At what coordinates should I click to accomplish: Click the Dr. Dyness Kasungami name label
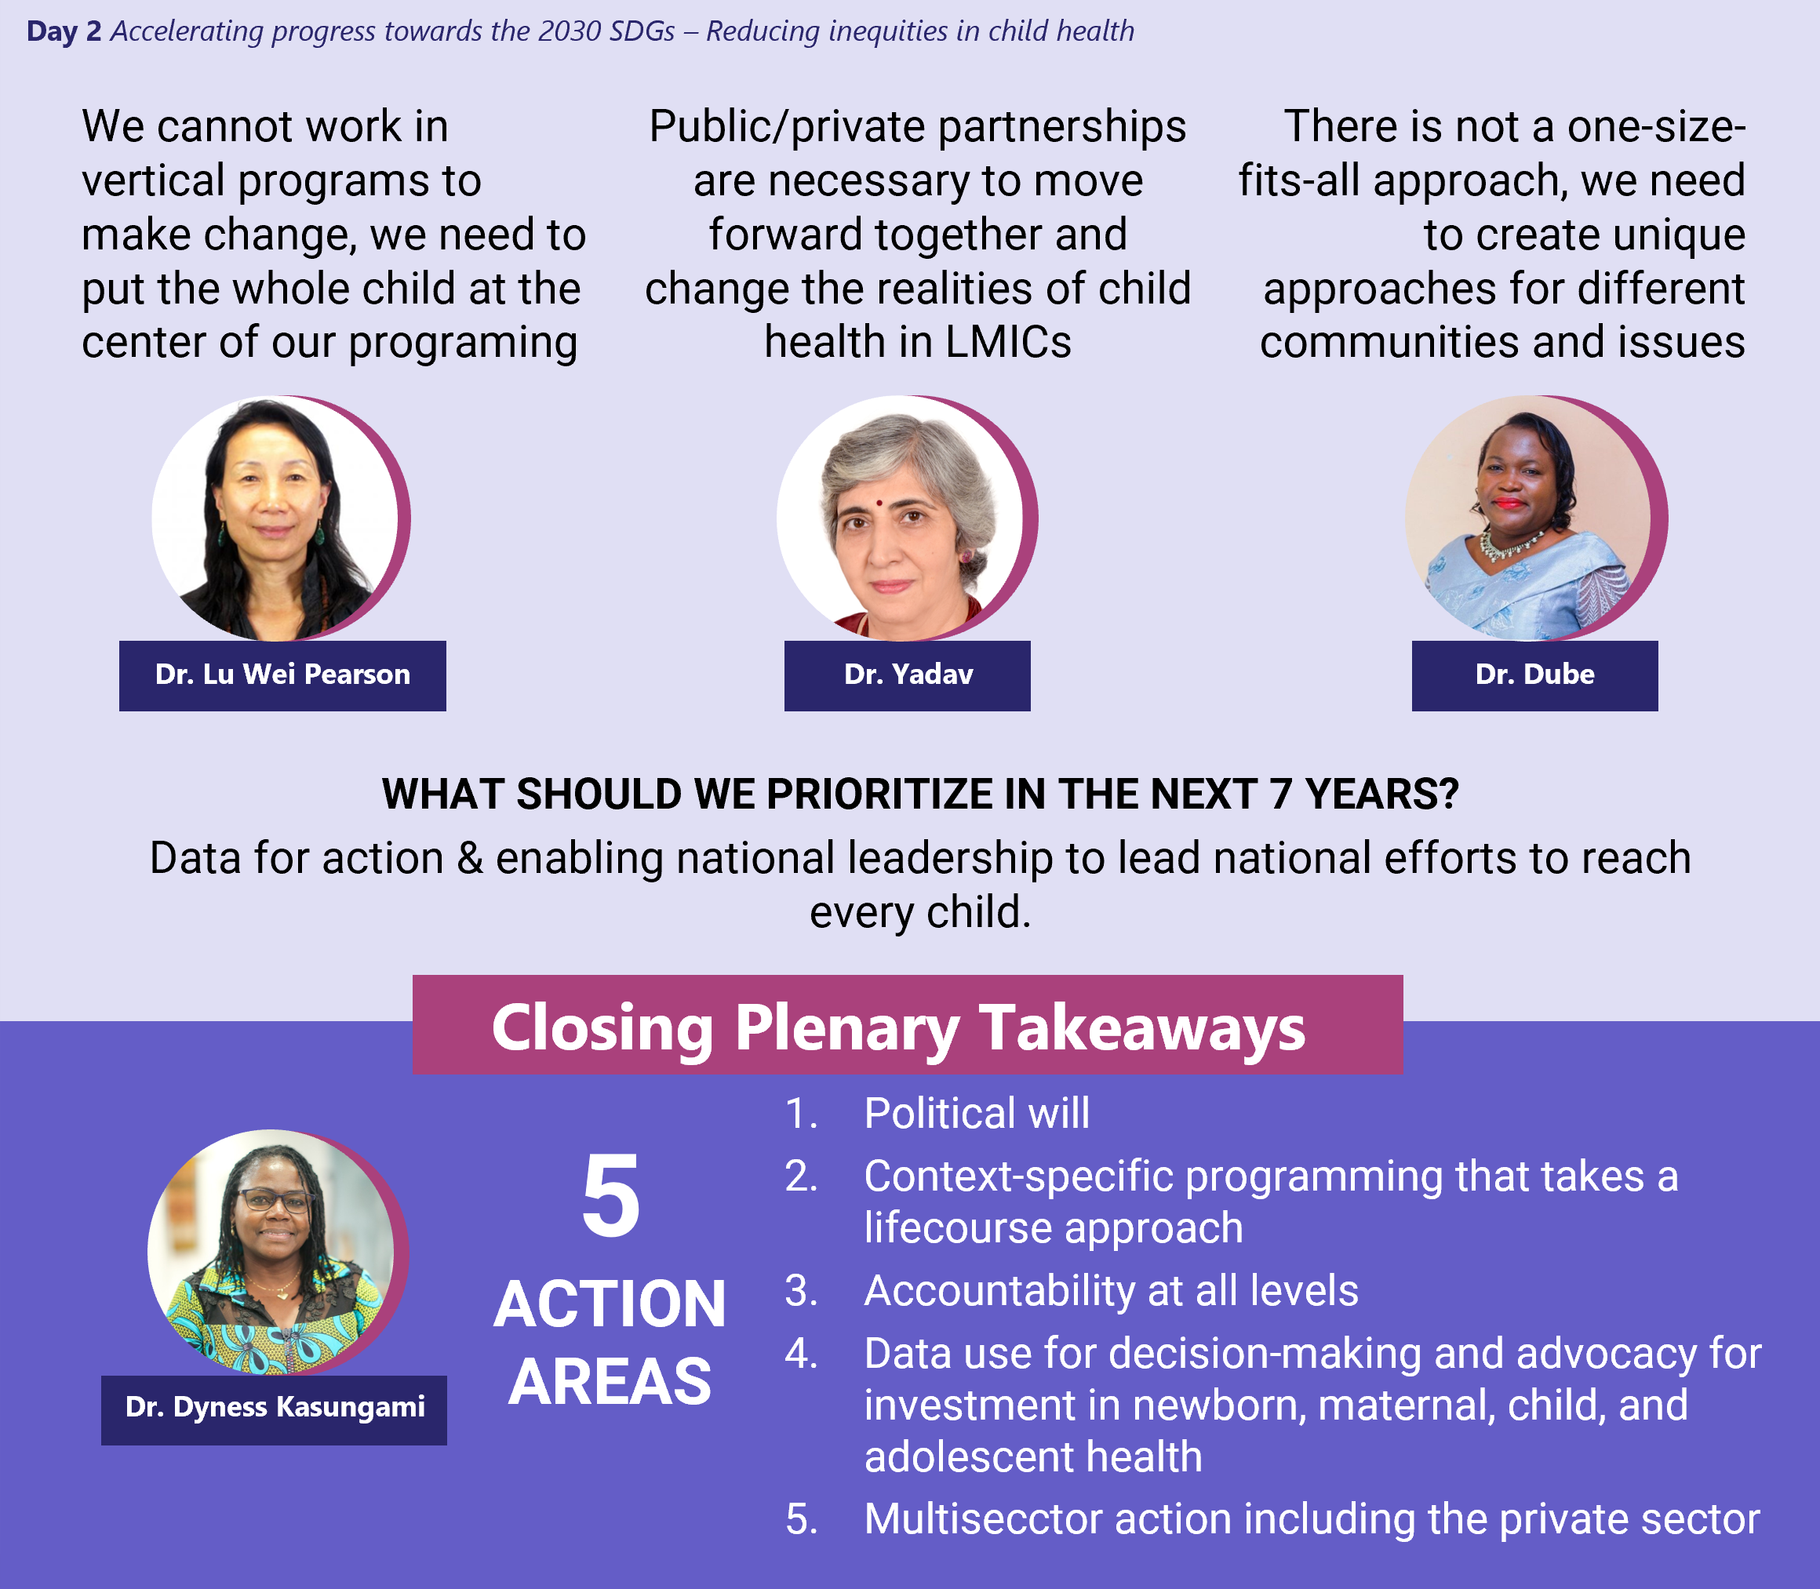274,1410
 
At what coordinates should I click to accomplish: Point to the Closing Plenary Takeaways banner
908,1025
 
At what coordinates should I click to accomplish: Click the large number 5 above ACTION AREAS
610,1198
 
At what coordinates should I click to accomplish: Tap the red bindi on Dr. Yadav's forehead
878,503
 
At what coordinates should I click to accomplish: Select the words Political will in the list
977,1114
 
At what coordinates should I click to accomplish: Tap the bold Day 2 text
64,32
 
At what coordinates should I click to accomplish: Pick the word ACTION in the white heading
610,1304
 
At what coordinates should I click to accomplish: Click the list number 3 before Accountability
800,1291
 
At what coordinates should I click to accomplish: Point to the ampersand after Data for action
470,858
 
